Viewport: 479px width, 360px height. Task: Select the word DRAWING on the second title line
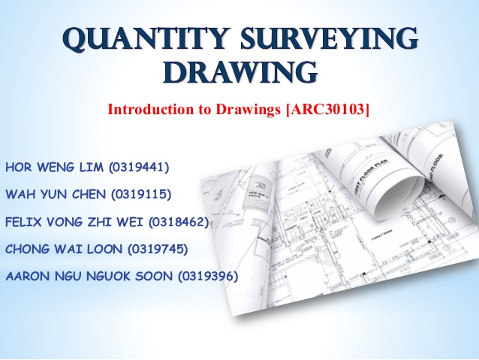point(239,73)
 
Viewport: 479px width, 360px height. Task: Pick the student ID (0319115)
point(142,195)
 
